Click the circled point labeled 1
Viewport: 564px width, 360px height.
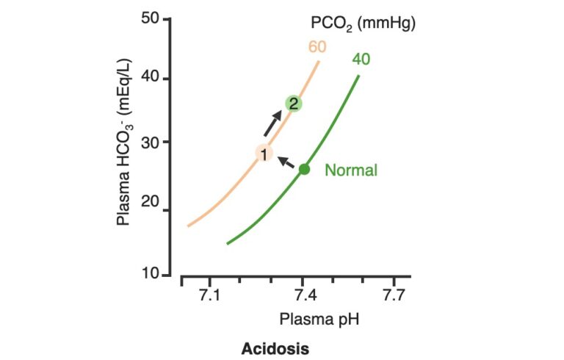(x=264, y=153)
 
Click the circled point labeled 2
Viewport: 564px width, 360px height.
(x=293, y=104)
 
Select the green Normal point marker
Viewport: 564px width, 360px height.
(x=304, y=169)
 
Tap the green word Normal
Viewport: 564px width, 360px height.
(x=351, y=170)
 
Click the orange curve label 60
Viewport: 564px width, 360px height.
(x=317, y=48)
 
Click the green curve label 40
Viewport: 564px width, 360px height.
(x=361, y=59)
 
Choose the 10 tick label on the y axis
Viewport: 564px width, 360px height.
(x=151, y=273)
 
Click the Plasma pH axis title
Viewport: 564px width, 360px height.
(x=318, y=320)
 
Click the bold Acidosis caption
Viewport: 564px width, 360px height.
(x=275, y=348)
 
